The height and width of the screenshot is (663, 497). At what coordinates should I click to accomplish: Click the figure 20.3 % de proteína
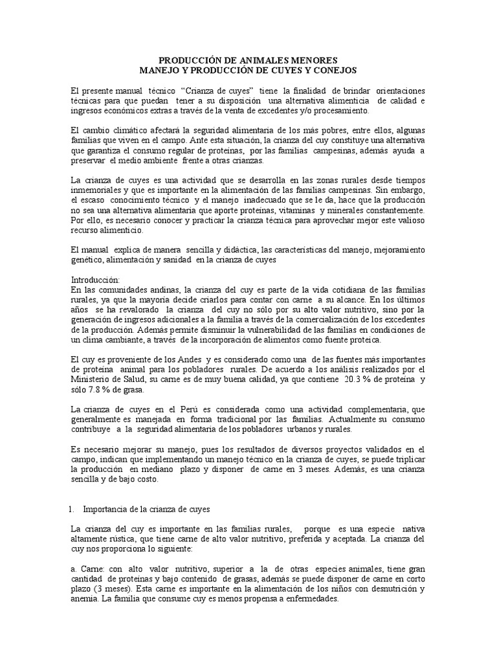coord(368,380)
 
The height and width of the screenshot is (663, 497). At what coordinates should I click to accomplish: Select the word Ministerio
coord(96,380)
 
